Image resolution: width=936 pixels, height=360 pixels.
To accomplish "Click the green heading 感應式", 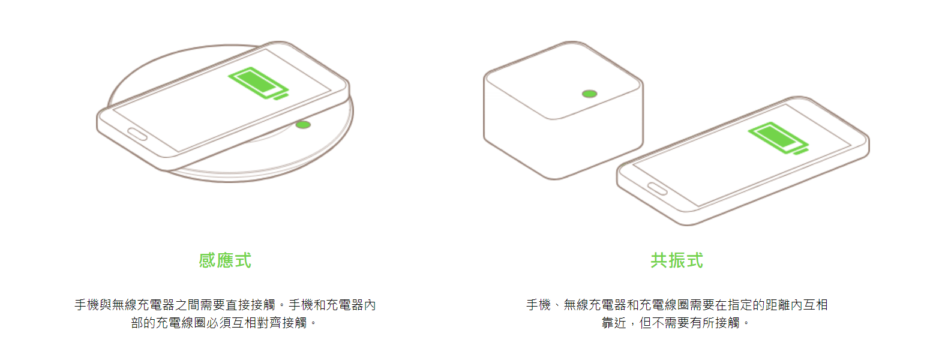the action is pos(225,260).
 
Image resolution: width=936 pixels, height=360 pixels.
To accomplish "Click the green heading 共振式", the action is pos(677,260).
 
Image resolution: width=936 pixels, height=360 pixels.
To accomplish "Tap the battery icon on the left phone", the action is pos(258,83).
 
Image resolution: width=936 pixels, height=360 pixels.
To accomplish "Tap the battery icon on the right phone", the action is pos(778,138).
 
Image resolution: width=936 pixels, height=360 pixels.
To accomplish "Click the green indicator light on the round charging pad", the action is pos(303,124).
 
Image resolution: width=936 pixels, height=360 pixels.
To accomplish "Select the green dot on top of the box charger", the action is pos(590,94).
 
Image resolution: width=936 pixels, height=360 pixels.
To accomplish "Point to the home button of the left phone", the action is pos(137,134).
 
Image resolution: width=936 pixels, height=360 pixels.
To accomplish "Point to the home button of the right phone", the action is pos(657,189).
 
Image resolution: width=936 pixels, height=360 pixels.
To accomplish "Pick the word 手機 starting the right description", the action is pos(538,305).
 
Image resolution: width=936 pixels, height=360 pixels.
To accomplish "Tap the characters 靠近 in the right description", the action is pos(614,323).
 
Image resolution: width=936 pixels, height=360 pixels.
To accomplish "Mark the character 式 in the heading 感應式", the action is pos(243,260).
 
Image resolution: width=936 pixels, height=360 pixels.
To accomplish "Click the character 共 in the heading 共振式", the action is pos(659,260).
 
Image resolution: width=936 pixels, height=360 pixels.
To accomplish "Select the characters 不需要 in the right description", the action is pos(671,323).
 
